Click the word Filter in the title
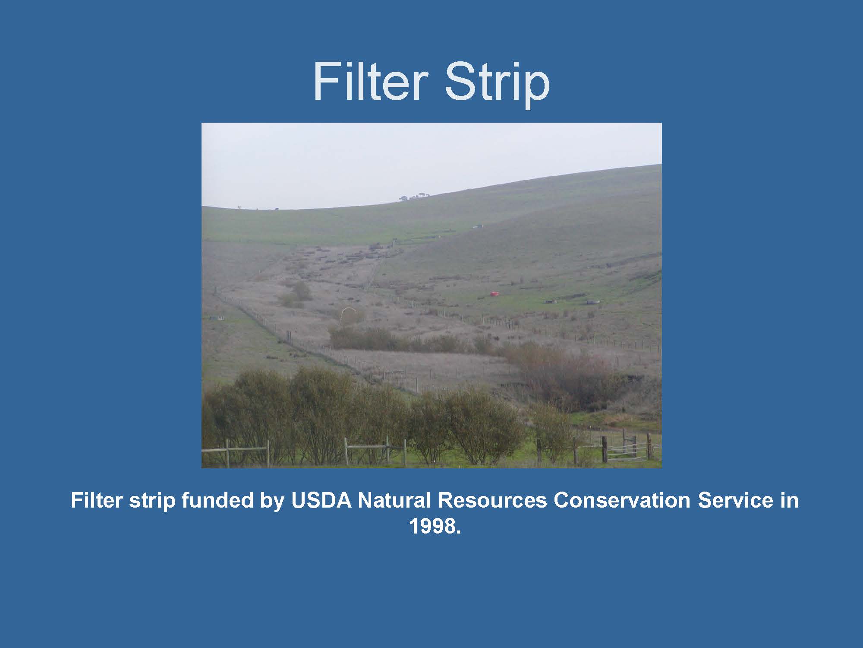coord(370,81)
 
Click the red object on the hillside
coord(494,294)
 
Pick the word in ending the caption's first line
coord(789,500)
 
